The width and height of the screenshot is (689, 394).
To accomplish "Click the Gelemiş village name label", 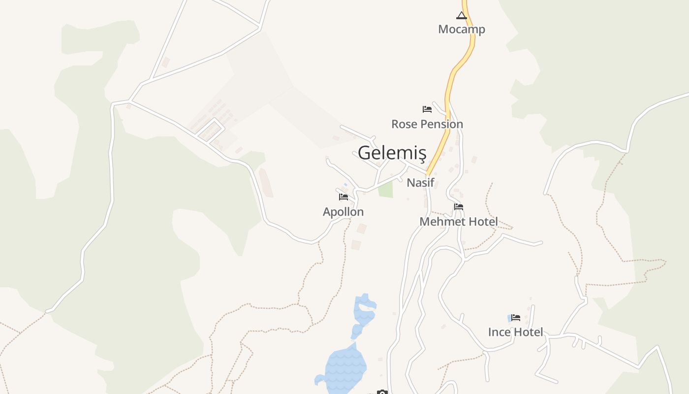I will tap(392, 153).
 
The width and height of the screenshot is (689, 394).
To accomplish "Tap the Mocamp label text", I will tap(461, 29).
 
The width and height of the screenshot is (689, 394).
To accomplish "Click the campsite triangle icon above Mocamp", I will tap(461, 15).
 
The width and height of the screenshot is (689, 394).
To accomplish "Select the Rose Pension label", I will tap(427, 124).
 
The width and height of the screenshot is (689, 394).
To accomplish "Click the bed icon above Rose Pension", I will tap(427, 109).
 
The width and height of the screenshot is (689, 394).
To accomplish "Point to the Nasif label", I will tap(420, 183).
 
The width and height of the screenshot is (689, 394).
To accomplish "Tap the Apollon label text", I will tap(343, 212).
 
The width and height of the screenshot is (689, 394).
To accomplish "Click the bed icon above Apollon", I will tap(344, 197).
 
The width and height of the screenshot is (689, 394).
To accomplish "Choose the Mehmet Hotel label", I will tap(458, 222).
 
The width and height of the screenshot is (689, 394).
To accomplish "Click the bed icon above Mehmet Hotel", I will tap(459, 207).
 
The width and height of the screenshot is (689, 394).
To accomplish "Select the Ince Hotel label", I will tap(515, 332).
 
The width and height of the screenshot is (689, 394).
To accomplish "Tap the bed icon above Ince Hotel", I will tap(515, 318).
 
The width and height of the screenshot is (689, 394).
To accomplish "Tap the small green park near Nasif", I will tap(386, 190).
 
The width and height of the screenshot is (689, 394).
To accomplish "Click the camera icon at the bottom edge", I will tap(382, 392).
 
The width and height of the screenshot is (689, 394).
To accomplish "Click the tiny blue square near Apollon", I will tap(345, 185).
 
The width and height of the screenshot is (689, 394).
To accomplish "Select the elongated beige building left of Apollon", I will tap(266, 183).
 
